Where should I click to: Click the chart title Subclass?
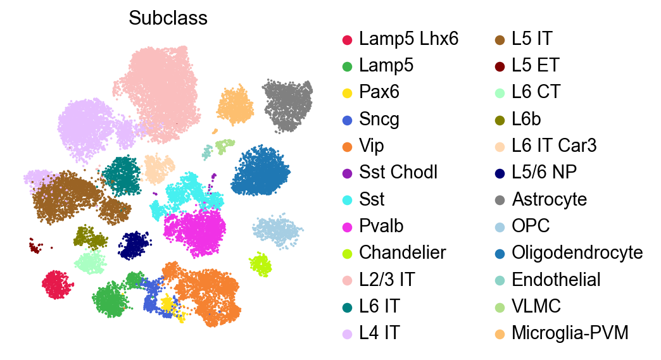tap(168, 19)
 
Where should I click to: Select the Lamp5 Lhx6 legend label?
tap(408, 39)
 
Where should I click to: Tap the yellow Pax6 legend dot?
tap(347, 92)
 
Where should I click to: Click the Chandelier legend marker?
tap(347, 252)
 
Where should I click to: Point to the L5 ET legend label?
tap(536, 65)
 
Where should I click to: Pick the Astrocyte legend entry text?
tap(550, 199)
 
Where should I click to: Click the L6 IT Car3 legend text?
tap(555, 146)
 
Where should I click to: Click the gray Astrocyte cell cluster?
tap(288, 104)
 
